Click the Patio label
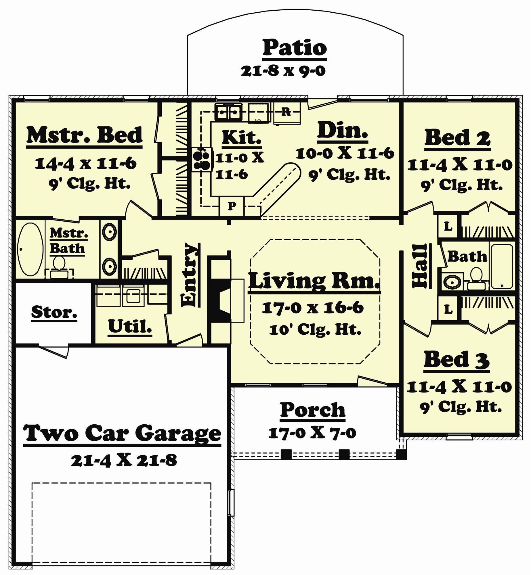coord(294,48)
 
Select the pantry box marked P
coord(232,206)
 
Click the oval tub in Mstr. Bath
coord(30,250)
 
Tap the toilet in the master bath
coord(59,266)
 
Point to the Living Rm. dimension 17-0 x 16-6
coord(312,308)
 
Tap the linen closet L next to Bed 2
coord(448,227)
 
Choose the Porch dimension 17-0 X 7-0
coord(312,433)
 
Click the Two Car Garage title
coord(122,434)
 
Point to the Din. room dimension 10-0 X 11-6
coord(345,153)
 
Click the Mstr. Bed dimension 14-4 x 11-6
coord(85,164)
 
